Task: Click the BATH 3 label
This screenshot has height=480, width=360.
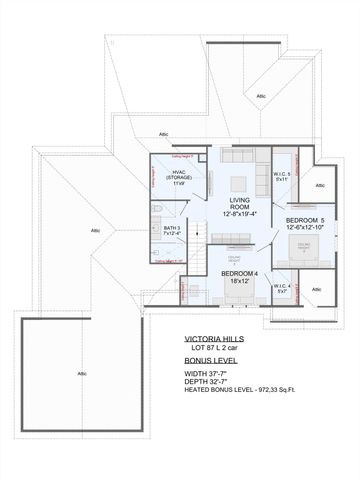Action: tap(171, 229)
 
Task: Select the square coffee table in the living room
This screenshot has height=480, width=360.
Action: tap(240, 181)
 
